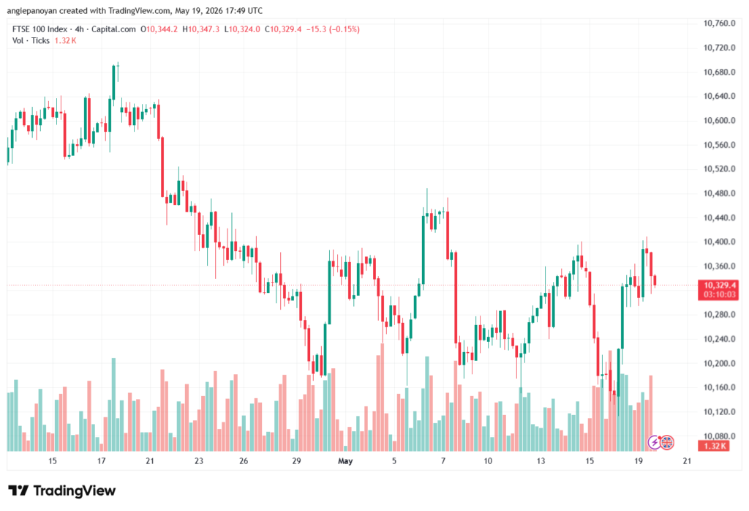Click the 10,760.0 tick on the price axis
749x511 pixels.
coord(719,23)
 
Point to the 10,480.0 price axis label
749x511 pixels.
coord(719,193)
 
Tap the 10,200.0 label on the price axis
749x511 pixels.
coord(719,363)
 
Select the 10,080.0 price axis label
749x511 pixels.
coord(719,436)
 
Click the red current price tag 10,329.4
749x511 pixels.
coord(718,286)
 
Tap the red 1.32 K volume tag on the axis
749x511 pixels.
coord(715,446)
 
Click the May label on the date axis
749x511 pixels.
coord(345,461)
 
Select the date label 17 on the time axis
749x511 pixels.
coord(101,461)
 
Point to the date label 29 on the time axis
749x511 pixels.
coord(297,461)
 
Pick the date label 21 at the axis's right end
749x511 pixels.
coord(687,461)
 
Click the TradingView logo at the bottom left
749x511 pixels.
coord(62,491)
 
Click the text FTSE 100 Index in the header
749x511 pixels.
coord(39,29)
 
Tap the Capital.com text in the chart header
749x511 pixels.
coord(113,29)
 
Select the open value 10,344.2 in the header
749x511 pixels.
coord(162,29)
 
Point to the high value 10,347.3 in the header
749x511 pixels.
coord(203,29)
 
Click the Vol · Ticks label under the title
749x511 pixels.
coord(31,41)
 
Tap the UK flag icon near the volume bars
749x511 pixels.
coord(667,443)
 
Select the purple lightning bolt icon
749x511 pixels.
coord(655,443)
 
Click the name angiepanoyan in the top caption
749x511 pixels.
coord(31,10)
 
